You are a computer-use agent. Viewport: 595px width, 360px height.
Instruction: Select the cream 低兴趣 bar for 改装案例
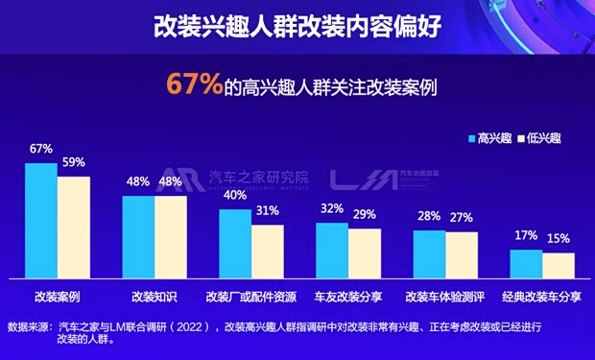click(73, 228)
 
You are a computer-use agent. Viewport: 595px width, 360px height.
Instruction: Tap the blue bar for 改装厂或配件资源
click(235, 244)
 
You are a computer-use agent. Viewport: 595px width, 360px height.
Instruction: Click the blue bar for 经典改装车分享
click(526, 264)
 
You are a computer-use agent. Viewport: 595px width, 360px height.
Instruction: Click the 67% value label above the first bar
click(40, 149)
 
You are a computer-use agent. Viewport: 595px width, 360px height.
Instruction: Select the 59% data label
click(74, 162)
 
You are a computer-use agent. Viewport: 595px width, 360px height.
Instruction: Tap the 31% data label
click(268, 210)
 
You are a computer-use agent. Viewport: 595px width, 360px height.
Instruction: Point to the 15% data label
click(559, 238)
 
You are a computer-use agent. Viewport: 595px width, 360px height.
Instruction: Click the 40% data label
click(235, 195)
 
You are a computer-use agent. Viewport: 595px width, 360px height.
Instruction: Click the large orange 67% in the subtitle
click(195, 84)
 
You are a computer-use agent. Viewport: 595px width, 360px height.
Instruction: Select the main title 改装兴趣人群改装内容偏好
click(297, 25)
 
